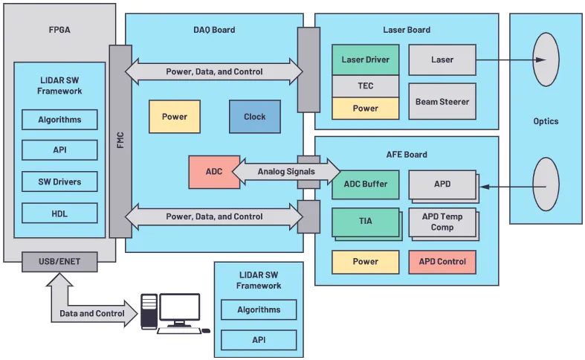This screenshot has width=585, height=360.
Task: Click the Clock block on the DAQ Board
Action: click(x=255, y=117)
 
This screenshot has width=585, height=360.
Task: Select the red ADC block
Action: click(x=214, y=172)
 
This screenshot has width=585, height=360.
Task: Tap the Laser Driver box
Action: click(x=365, y=60)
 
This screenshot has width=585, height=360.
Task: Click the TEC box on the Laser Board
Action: click(x=365, y=86)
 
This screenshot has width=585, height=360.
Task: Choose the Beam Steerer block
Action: click(x=442, y=101)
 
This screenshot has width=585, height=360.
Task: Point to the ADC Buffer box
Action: click(x=365, y=184)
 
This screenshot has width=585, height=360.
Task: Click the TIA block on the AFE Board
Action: click(x=365, y=221)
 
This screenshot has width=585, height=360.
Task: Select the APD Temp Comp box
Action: click(x=442, y=222)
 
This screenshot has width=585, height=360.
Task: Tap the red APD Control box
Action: click(x=442, y=262)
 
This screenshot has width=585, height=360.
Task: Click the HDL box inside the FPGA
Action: click(x=59, y=213)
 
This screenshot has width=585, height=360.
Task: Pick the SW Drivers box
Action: click(x=59, y=181)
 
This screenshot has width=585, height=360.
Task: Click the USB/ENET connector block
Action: click(x=59, y=262)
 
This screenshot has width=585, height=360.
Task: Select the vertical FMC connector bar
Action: click(x=120, y=141)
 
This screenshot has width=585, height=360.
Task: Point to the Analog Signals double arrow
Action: click(x=286, y=172)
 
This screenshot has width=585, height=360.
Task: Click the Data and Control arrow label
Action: click(x=92, y=313)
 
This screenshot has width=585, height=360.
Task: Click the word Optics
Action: click(x=546, y=121)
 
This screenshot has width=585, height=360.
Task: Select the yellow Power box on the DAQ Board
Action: click(x=175, y=117)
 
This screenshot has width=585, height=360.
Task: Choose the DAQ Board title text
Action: click(x=214, y=30)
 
